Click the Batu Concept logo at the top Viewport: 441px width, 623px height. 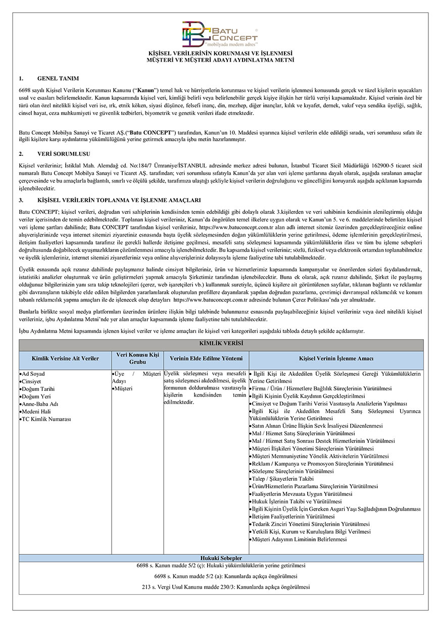tap(220, 34)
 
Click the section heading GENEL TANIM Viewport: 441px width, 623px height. tap(58, 79)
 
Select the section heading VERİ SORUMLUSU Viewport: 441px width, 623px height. tap(65, 153)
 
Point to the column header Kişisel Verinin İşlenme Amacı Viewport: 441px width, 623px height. tap(336, 359)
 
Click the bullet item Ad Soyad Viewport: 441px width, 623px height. tap(34, 374)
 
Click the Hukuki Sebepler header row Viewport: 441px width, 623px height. tap(221, 558)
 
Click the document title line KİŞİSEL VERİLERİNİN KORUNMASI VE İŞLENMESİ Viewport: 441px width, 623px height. tap(220, 52)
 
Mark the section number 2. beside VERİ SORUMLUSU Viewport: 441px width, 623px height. tap(21, 153)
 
